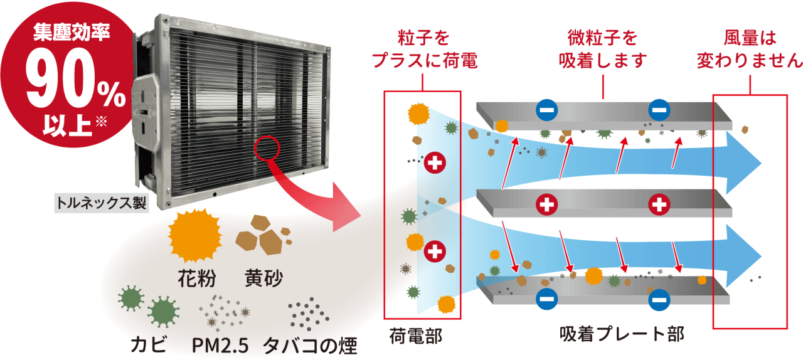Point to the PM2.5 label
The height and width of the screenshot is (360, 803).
point(220,344)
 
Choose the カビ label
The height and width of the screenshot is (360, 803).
point(148,344)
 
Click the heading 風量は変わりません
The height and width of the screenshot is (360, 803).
point(749,50)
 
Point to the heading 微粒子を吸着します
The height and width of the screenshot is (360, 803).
point(602,50)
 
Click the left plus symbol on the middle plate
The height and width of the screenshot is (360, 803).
point(547,204)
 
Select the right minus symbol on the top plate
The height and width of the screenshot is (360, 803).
point(659,111)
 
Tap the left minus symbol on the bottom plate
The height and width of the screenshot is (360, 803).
point(546,299)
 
